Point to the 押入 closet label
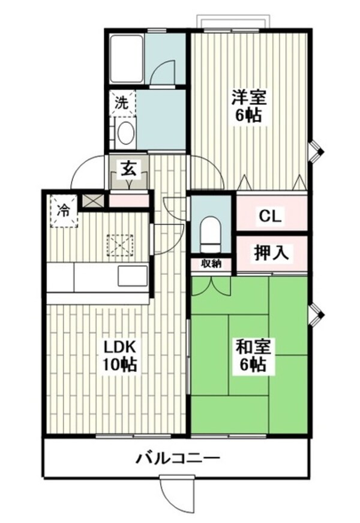pos(271,253)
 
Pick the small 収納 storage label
pos(211,263)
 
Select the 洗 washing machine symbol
pos(122,103)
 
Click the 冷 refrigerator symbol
pos(64,211)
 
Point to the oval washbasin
pos(125,133)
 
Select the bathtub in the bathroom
pos(126,58)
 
